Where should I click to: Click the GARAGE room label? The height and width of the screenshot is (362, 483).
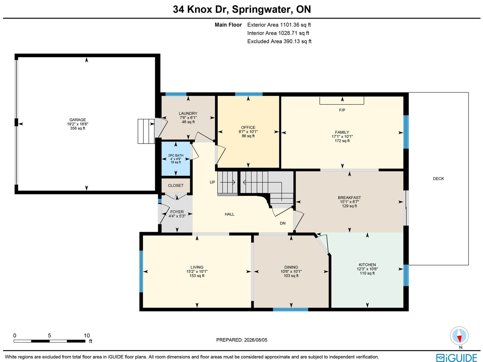[x=78, y=120]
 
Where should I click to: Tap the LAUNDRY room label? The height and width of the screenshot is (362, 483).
[x=188, y=113]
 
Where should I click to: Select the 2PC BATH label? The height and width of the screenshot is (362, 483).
[x=176, y=155]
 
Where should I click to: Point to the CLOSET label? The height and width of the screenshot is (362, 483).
[x=176, y=186]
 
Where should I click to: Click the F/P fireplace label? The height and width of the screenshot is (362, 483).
[x=342, y=110]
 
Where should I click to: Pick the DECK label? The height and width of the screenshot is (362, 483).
[x=438, y=179]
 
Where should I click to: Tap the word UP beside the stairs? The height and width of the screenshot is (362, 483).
[x=212, y=182]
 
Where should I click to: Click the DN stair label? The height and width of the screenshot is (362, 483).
[x=283, y=223]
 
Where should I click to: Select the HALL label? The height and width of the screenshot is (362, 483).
[x=229, y=214]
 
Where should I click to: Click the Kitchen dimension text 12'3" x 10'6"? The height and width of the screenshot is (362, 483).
[x=367, y=269]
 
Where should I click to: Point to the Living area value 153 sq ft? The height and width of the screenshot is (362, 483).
[x=197, y=276]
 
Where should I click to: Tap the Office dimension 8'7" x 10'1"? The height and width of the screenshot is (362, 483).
[x=248, y=132]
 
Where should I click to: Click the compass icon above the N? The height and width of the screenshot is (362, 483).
[x=459, y=336]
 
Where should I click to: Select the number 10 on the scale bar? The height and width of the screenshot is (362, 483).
[x=87, y=336]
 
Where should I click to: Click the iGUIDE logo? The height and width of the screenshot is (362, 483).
[x=456, y=357]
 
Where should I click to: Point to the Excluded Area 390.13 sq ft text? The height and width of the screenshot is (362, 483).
[x=279, y=41]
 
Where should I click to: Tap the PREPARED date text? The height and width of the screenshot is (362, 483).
[x=241, y=340]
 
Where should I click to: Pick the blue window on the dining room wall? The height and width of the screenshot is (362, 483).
[x=290, y=310]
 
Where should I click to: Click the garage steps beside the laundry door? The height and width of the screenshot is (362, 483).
[x=146, y=131]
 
